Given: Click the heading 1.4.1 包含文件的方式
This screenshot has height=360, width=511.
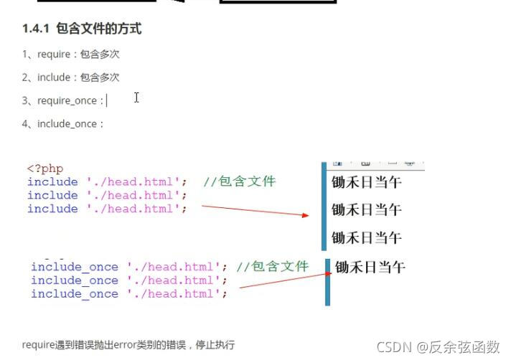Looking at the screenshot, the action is tap(81, 29).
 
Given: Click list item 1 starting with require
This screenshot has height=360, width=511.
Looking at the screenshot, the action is tap(70, 54).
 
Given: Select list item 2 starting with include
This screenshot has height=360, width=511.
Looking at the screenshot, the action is tap(70, 77).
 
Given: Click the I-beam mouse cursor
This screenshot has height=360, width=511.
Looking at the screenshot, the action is tap(136, 98).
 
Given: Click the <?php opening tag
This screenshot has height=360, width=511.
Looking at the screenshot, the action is tap(45, 169).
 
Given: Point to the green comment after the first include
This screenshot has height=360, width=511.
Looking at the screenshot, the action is tap(239, 181).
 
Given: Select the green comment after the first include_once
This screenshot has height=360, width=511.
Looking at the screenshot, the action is tap(273, 267).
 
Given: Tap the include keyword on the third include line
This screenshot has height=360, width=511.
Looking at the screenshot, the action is tap(52, 209).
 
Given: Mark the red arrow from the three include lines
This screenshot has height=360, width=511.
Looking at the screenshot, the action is tap(255, 210).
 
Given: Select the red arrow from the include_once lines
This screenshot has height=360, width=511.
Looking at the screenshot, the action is tap(283, 279).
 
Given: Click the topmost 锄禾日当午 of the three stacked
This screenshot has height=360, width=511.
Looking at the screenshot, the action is tap(366, 183).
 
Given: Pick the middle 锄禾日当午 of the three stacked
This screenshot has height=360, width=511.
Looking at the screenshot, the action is tap(366, 210).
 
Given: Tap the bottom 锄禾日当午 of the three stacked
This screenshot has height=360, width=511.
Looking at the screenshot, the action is tap(366, 237).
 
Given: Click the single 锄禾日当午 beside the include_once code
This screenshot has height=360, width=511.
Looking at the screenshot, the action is tap(370, 267).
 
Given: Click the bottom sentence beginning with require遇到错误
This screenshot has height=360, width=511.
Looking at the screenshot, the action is tap(128, 345).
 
